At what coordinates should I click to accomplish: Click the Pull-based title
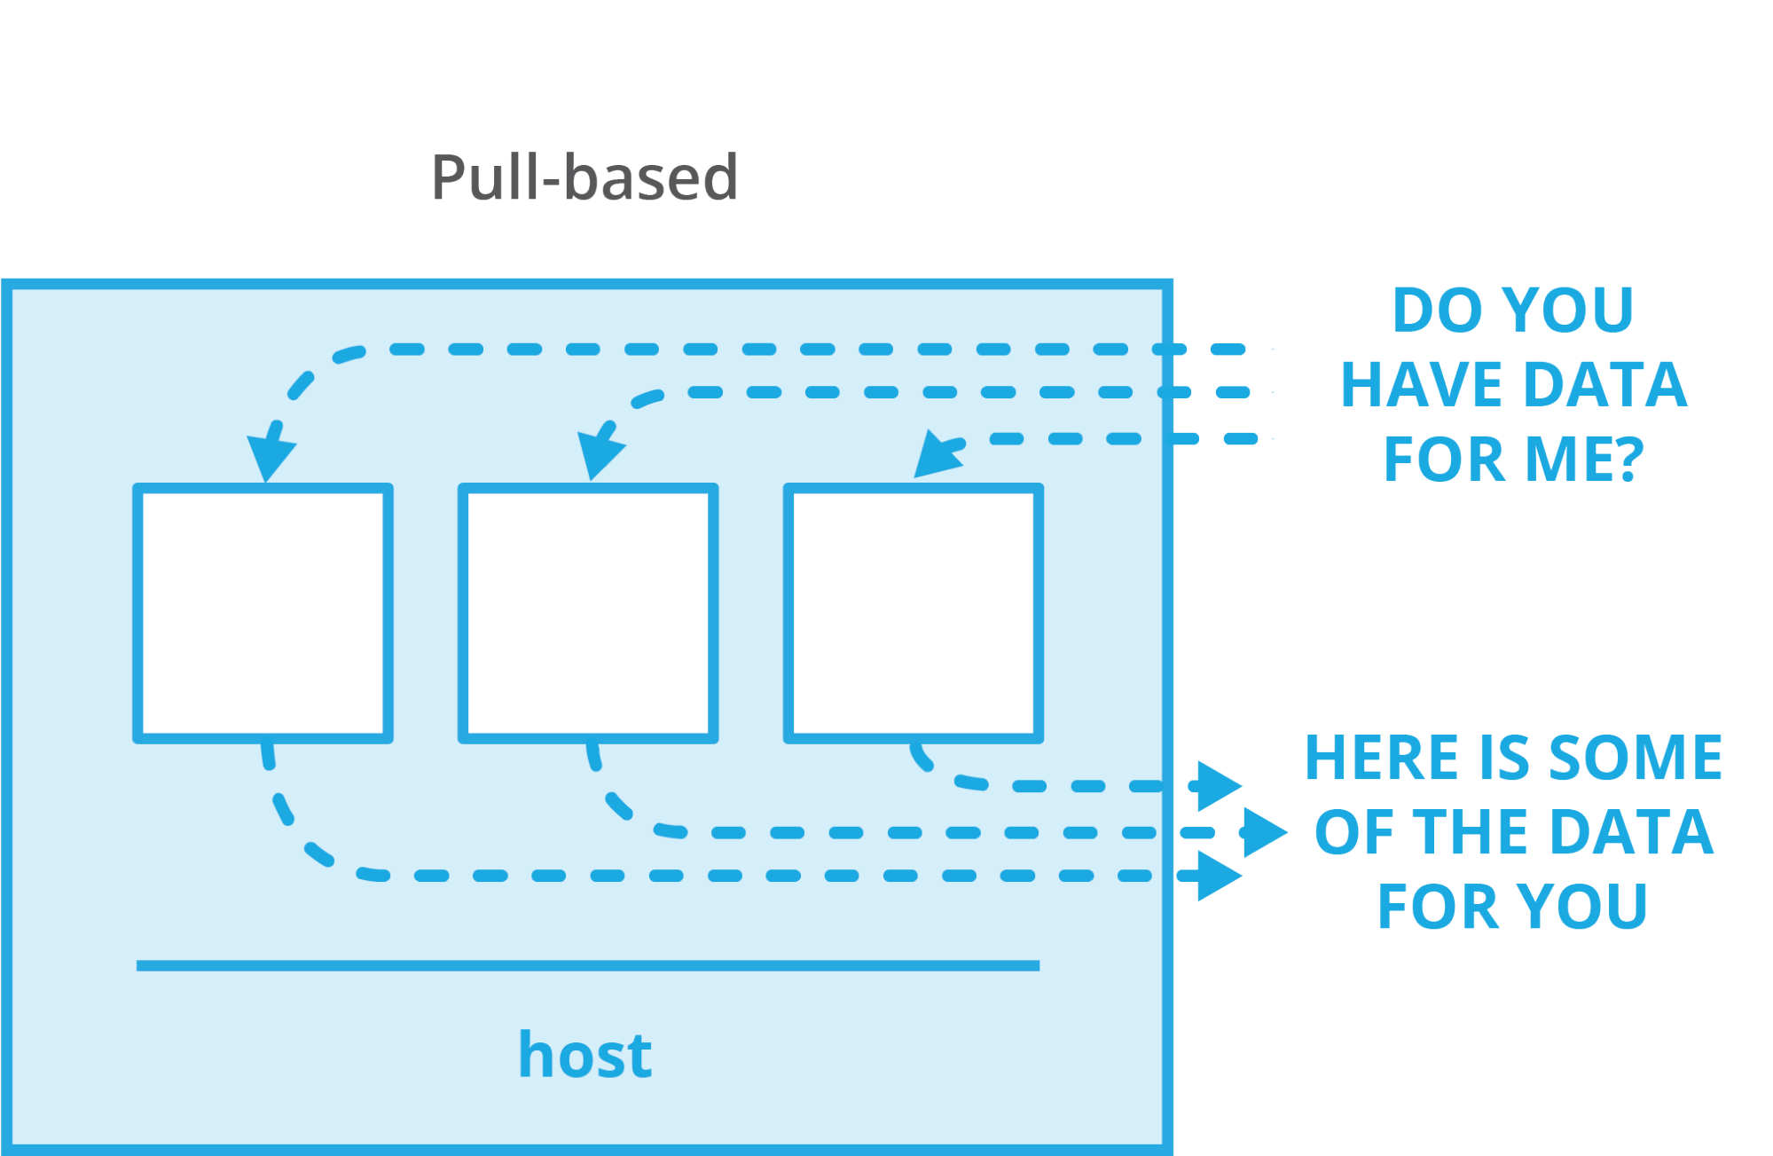[x=584, y=177]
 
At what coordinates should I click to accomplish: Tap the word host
[x=584, y=1055]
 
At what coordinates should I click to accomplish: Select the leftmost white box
[x=263, y=613]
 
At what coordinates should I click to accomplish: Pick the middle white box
[x=588, y=613]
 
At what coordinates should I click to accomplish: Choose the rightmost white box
[x=914, y=613]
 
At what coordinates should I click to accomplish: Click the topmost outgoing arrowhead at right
[x=1217, y=785]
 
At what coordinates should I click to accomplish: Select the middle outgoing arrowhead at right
[x=1263, y=832]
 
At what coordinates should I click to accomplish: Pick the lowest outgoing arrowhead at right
[x=1217, y=876]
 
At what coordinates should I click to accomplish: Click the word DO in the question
[x=1425, y=310]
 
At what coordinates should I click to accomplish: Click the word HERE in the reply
[x=1381, y=758]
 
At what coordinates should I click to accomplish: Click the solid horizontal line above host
[x=587, y=965]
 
